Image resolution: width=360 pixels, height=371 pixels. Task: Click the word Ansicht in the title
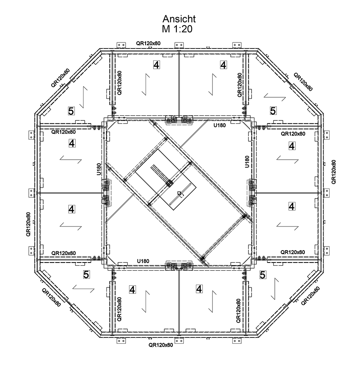point(179,19)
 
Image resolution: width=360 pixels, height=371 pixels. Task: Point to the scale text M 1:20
point(177,29)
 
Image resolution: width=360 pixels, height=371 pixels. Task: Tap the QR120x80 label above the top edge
point(148,43)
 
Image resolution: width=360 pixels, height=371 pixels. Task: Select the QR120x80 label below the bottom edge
point(161,345)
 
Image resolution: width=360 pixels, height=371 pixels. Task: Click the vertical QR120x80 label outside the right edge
point(334,172)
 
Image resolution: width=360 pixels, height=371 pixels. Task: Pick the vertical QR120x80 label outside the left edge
point(28,224)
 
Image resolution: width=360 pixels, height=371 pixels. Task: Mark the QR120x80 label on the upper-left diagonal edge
point(60,78)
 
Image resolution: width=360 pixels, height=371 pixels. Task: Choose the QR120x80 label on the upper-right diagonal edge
point(303,82)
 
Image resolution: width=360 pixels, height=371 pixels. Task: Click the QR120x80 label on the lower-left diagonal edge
point(51,297)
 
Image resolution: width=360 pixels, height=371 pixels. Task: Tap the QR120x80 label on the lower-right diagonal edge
point(310,296)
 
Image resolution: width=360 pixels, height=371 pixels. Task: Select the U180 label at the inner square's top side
point(220,125)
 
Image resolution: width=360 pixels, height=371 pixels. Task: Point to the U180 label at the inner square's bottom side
point(143,261)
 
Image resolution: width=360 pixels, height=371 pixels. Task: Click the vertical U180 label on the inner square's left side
point(99,169)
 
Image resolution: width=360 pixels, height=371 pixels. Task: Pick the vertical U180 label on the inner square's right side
point(247,162)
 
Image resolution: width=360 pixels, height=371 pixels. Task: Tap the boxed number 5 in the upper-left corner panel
point(71,111)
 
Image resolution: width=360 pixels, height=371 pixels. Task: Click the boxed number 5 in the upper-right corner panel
point(273,111)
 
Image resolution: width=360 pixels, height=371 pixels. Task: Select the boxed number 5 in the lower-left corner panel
point(86,275)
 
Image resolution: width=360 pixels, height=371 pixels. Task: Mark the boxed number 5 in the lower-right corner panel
point(262,275)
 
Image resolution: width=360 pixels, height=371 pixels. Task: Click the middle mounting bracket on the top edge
point(179,45)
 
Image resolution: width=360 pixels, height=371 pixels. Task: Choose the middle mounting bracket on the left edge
point(31,193)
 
